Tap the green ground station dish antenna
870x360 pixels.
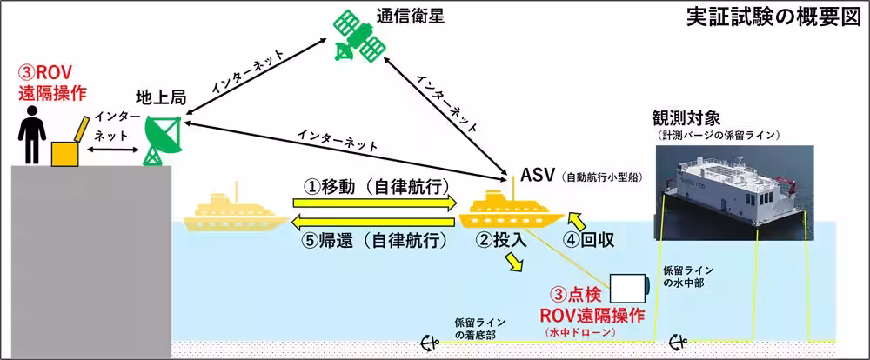pyautogui.click(x=162, y=141)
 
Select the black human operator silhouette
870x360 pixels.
pyautogui.click(x=32, y=134)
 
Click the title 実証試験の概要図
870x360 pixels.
pyautogui.click(x=773, y=18)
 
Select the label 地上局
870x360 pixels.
pyautogui.click(x=161, y=100)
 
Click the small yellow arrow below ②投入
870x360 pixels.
pyautogui.click(x=514, y=263)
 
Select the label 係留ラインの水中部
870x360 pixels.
pyautogui.click(x=688, y=277)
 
